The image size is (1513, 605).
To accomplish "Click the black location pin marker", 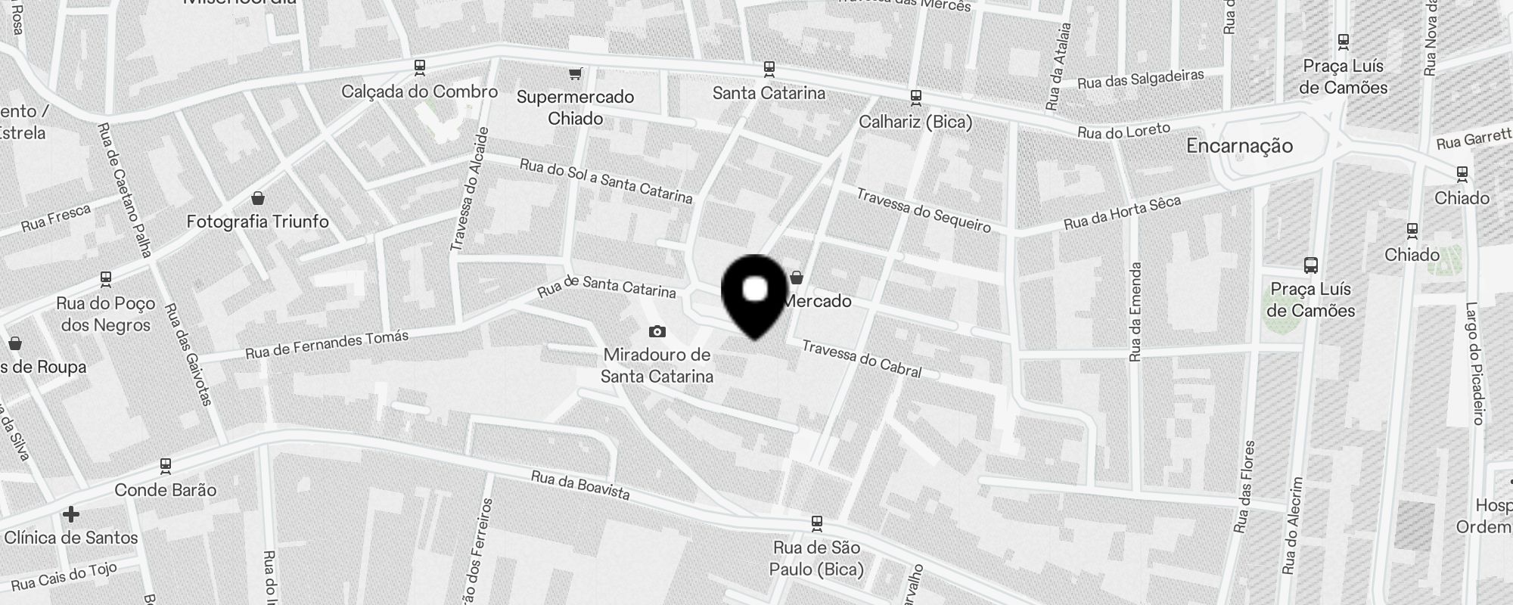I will (x=755, y=295).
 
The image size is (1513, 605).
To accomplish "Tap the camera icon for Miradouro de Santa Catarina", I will (x=657, y=331).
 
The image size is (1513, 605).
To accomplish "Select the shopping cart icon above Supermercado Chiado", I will (x=576, y=73).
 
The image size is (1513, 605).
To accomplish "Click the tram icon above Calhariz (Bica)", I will (x=915, y=98).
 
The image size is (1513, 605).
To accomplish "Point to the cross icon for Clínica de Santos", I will (x=71, y=514).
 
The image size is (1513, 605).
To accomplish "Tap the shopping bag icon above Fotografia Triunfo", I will (x=258, y=198).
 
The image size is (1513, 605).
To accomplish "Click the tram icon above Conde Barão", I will (x=166, y=465).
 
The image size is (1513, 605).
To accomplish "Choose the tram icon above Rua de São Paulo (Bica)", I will (x=816, y=523).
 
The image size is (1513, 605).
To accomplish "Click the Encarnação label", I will (x=1239, y=146).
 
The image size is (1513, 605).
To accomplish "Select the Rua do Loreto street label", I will (x=1124, y=131).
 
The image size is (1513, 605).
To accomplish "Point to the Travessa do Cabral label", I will (x=862, y=358).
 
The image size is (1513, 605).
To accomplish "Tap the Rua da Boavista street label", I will (x=580, y=485).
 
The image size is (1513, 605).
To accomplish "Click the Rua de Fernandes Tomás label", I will (x=327, y=344).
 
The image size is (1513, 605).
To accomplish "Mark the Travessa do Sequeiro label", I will (x=923, y=209).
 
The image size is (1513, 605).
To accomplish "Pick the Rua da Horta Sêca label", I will (x=1122, y=213).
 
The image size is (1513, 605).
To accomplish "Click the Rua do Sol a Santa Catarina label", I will (x=606, y=181).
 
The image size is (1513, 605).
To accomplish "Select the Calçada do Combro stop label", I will (x=419, y=92).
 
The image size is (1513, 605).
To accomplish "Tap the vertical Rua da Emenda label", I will (x=1135, y=312).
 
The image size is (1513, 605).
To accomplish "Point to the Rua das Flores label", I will (x=1244, y=486).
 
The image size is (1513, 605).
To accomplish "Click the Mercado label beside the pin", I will (x=819, y=301).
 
